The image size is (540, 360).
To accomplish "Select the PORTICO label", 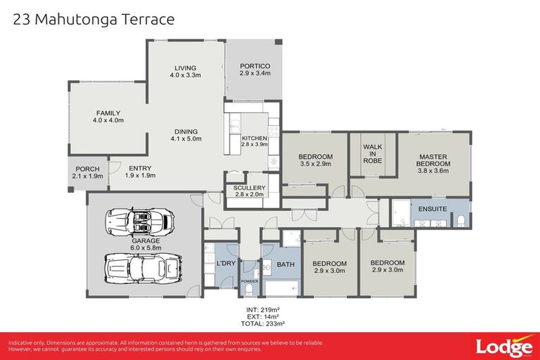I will click(255, 67).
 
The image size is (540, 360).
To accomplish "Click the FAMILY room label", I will click(108, 113).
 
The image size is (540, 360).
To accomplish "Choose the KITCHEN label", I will click(254, 138).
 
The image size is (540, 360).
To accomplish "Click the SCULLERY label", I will click(250, 188).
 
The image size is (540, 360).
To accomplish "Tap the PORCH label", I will click(87, 169).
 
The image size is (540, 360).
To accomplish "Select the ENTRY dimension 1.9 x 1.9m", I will click(141, 176).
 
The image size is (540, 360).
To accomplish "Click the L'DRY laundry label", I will click(226, 263).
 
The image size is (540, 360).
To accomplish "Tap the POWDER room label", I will click(250, 282).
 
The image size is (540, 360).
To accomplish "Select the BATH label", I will click(285, 264).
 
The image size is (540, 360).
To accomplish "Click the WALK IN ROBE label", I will click(372, 153).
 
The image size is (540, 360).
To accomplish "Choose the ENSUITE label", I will click(432, 210).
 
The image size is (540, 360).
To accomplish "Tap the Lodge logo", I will click(503, 347).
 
